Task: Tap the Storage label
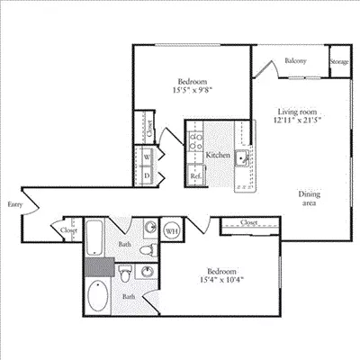pos(339,61)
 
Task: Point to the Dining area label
pos(312,199)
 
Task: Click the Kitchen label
pos(218,156)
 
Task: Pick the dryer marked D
pos(146,175)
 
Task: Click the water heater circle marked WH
pos(171,230)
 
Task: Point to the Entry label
pos(13,204)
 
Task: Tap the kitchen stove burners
pos(196,142)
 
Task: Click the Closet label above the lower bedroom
pos(249,222)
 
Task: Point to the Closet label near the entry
pos(68,229)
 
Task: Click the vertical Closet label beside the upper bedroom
pos(149,127)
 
